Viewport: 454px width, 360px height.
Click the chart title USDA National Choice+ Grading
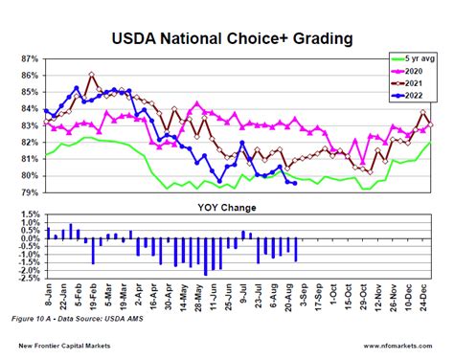click(227, 39)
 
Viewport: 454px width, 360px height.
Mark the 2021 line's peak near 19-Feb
click(92, 74)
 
